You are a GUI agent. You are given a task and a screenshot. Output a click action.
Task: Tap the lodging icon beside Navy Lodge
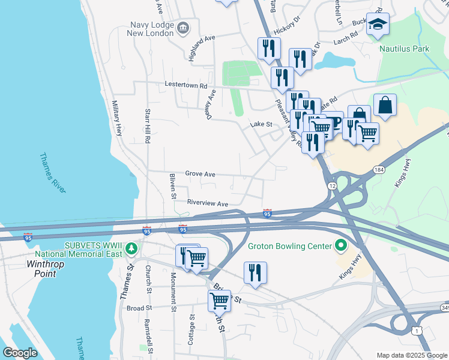[x=183, y=27]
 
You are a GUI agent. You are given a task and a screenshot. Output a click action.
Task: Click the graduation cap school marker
[x=378, y=25]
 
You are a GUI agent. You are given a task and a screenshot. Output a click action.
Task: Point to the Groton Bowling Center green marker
[x=341, y=245]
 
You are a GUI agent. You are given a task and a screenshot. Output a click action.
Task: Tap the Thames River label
[x=52, y=173]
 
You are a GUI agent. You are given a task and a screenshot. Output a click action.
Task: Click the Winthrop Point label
[x=41, y=268]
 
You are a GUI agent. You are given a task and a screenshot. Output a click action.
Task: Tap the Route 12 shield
[x=332, y=186]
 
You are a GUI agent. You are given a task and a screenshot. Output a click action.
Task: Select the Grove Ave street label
[x=200, y=174]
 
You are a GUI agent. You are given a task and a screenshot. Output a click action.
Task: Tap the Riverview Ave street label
[x=207, y=204]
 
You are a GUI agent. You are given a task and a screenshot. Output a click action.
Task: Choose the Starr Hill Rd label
[x=147, y=126]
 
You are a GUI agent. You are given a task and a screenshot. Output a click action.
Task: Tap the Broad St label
[x=139, y=308]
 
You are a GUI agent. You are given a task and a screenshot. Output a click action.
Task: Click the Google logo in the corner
[x=20, y=352]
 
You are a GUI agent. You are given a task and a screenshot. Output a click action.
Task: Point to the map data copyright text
[x=411, y=355]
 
